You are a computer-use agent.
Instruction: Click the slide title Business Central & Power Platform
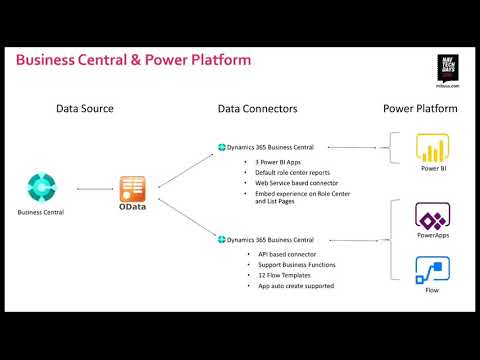[133, 60]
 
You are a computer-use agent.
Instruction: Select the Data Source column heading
[84, 107]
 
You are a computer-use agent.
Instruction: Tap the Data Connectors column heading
[257, 107]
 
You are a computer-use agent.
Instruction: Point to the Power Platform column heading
[420, 107]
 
